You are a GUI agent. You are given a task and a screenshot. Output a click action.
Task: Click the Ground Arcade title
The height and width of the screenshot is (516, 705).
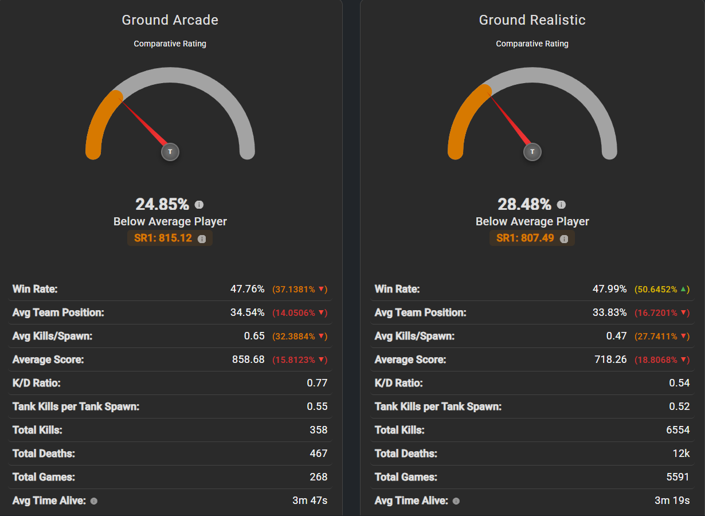(170, 20)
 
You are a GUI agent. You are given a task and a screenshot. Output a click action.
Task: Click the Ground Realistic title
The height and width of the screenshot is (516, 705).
(532, 20)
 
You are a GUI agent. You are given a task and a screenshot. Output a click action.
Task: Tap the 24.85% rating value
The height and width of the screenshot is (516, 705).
(162, 204)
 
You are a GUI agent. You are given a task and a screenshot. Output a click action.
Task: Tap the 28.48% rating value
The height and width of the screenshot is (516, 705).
(524, 204)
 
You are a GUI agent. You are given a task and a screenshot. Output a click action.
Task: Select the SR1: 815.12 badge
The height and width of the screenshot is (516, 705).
(170, 238)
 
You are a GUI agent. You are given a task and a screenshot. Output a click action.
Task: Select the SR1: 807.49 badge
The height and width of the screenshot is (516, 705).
(532, 238)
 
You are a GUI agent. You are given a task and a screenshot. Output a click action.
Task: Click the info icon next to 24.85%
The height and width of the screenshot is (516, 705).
(199, 205)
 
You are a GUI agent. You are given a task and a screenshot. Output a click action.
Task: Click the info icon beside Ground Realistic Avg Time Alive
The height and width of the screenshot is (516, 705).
(456, 501)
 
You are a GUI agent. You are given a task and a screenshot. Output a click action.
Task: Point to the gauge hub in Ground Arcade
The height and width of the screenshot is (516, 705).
(170, 152)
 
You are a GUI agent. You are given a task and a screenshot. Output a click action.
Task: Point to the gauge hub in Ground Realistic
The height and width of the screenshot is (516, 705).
(532, 152)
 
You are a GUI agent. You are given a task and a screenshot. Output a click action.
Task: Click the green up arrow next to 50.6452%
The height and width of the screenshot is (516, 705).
(683, 289)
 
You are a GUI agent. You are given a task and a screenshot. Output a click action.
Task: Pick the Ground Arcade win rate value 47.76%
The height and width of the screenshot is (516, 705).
(248, 289)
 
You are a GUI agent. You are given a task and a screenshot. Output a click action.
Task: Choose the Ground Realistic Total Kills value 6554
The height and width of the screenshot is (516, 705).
(678, 430)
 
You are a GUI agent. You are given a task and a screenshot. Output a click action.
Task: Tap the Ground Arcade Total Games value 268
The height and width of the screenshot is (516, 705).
(319, 477)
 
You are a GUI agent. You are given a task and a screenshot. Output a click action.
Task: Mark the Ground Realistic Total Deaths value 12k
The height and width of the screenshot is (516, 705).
(681, 454)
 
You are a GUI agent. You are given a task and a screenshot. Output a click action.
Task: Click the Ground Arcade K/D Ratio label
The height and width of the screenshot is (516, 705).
(37, 383)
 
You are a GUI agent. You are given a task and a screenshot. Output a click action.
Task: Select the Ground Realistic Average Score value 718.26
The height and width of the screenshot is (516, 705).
(610, 359)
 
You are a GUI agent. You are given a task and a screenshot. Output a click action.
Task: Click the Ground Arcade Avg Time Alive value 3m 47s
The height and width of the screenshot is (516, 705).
(310, 501)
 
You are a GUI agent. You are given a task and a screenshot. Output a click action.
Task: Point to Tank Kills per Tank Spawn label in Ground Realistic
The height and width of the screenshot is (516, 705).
(438, 406)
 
